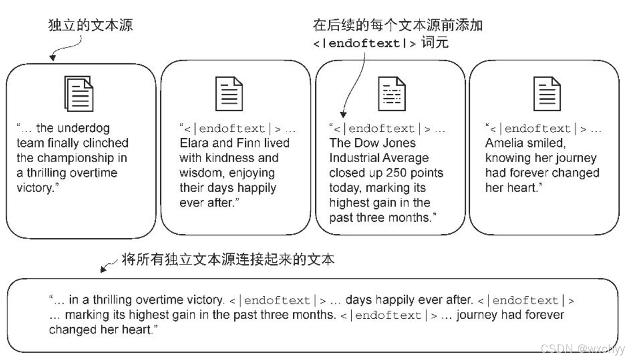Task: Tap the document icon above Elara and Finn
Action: (230, 94)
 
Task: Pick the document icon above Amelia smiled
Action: (547, 94)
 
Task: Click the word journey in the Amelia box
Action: (574, 158)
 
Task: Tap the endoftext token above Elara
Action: (233, 129)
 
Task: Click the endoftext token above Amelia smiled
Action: (538, 129)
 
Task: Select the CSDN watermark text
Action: (582, 349)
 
